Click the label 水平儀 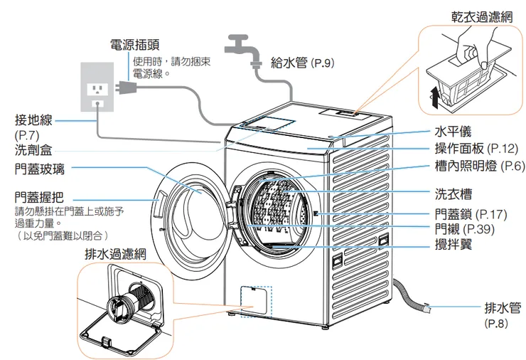pyautogui.click(x=451, y=132)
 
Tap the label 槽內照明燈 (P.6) pyautogui.click(x=478, y=166)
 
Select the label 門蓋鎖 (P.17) pyautogui.click(x=470, y=213)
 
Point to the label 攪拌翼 pyautogui.click(x=451, y=244)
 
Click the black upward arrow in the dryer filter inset pyautogui.click(x=436, y=97)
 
